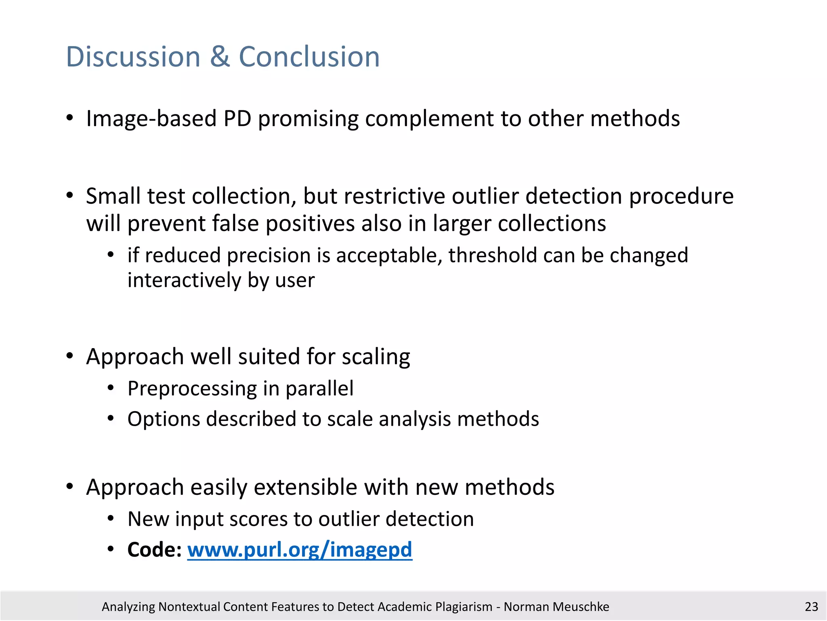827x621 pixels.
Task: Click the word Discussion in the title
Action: [x=133, y=57]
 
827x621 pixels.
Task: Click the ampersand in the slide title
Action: [x=219, y=57]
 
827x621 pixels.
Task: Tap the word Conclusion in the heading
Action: [x=309, y=57]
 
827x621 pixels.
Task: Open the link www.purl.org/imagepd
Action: [x=300, y=550]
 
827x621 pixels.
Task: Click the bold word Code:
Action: [x=154, y=550]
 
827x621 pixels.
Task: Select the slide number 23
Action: [x=811, y=606]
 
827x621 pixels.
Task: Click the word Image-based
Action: [x=151, y=119]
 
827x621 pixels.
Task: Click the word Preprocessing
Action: [x=192, y=389]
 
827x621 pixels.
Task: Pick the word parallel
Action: [x=319, y=389]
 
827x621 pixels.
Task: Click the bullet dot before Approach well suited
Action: [x=70, y=356]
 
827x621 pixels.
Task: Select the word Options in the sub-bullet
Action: [x=164, y=419]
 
